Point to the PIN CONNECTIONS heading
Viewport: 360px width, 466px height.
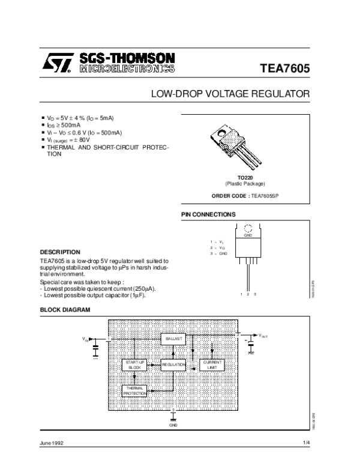click(x=208, y=214)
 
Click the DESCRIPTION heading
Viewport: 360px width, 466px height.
click(x=60, y=252)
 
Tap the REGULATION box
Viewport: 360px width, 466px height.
click(x=173, y=365)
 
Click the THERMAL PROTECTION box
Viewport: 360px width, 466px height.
click(x=134, y=392)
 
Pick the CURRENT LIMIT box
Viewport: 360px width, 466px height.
click(x=212, y=365)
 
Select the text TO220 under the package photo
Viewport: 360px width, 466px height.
click(x=244, y=178)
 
